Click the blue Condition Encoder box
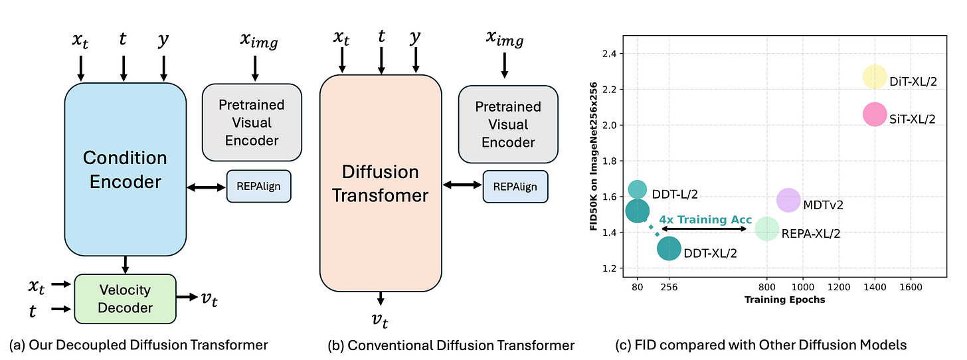pos(125,169)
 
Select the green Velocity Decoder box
pos(125,299)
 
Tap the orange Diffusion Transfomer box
pos(381,183)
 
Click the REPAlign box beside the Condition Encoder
pos(259,185)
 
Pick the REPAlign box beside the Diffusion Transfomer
pos(515,187)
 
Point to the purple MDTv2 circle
pos(788,200)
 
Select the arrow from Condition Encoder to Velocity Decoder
pos(125,264)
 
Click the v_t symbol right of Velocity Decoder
pos(209,299)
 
